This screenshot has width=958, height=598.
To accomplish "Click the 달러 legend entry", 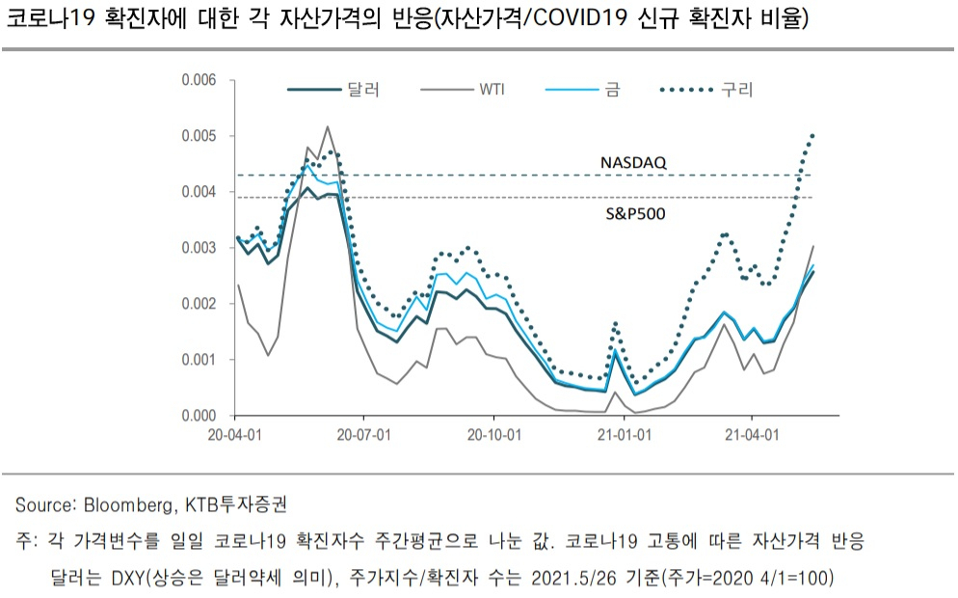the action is tap(333, 90).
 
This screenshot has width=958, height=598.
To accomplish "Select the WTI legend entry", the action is tap(463, 90).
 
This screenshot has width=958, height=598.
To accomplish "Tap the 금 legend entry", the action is tap(583, 90).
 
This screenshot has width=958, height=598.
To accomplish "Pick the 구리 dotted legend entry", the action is tap(706, 90).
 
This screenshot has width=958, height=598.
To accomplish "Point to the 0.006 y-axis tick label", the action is tap(200, 80).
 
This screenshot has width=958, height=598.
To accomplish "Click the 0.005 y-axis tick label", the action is tap(200, 136).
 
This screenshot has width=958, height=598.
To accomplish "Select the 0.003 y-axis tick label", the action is tap(200, 248).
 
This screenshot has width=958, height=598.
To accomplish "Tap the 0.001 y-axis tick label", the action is tap(200, 360).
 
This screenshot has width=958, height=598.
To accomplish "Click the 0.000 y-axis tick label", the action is tap(200, 416).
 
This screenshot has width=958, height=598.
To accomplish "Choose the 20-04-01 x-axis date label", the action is tap(234, 435).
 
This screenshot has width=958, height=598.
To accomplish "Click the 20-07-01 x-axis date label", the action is tap(364, 435).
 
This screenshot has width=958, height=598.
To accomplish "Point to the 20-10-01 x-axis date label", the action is tap(494, 435).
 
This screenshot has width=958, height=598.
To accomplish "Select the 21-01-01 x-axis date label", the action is tap(625, 435).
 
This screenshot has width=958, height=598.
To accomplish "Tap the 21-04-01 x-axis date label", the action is tap(752, 435).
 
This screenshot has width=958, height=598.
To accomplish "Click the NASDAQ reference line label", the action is tap(633, 163).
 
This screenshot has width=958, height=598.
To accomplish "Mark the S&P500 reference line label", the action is tap(635, 214).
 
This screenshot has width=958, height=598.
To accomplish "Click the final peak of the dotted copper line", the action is tap(812, 135).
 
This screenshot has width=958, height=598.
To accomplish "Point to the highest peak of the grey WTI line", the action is tap(328, 126).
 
